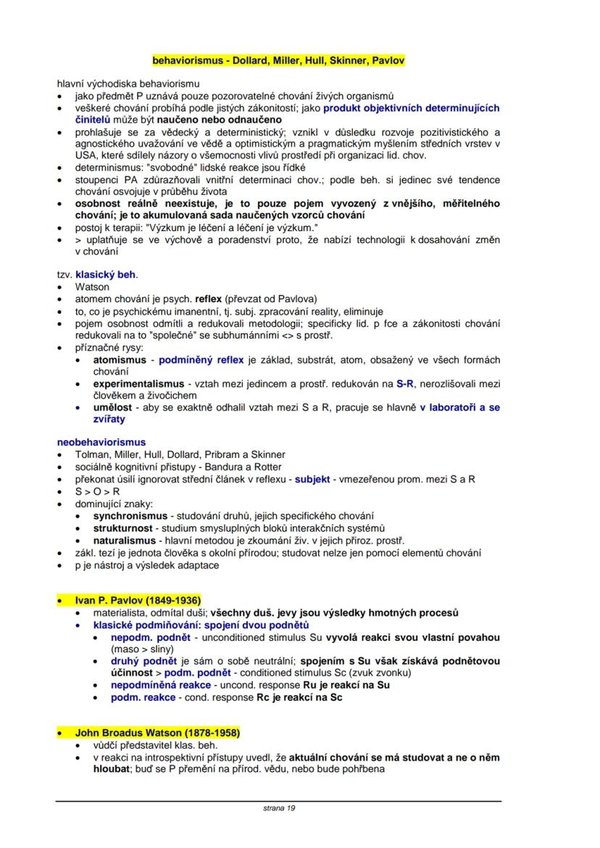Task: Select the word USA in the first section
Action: click(x=86, y=154)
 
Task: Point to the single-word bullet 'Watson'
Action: click(x=92, y=287)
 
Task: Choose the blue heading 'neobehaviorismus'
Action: click(x=101, y=442)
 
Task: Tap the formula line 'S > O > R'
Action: click(x=98, y=491)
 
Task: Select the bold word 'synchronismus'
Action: click(x=128, y=515)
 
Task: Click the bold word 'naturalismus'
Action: click(x=124, y=540)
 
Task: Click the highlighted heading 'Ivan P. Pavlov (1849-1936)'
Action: click(x=138, y=601)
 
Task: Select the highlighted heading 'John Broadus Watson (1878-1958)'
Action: click(x=157, y=733)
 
